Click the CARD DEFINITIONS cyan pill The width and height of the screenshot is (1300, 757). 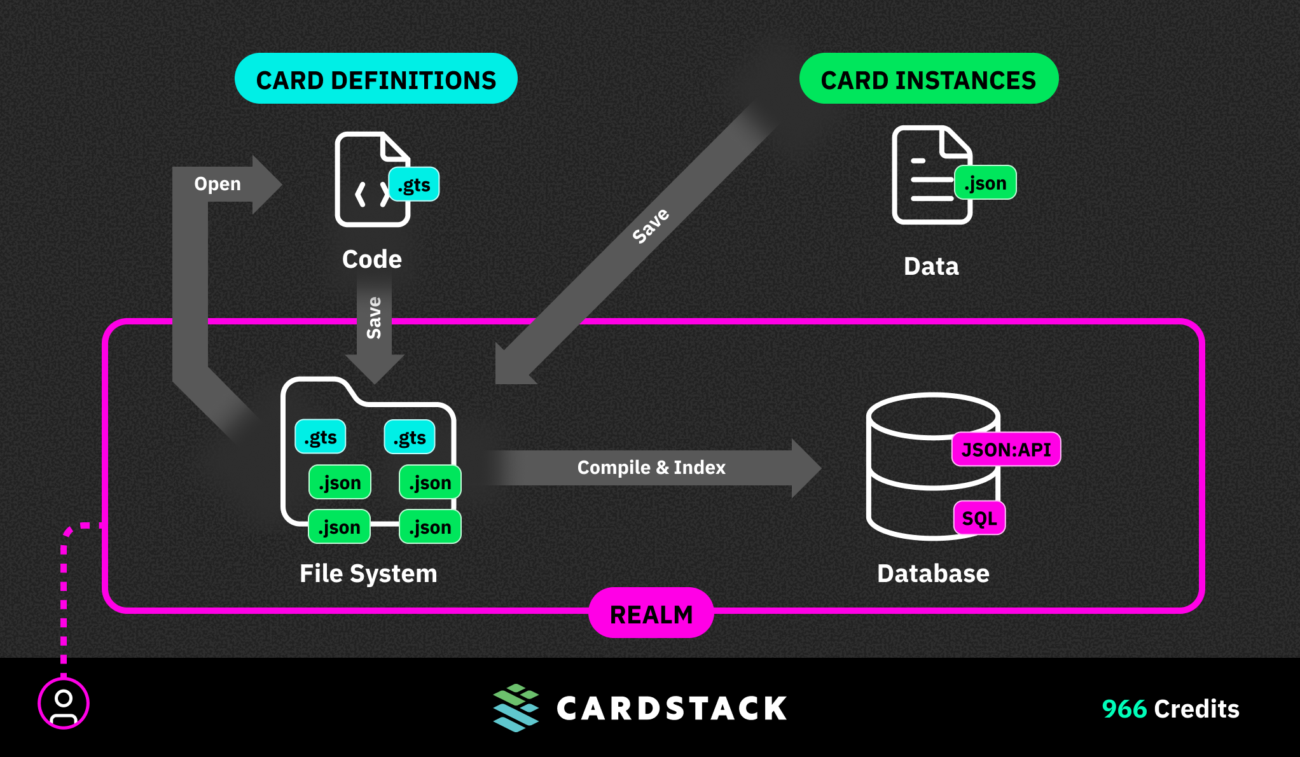pos(376,79)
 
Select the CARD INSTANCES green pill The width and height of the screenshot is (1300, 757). pos(929,79)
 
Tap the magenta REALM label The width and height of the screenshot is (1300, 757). pos(651,613)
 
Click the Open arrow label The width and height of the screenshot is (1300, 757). pos(218,184)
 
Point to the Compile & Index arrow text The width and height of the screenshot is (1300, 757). pos(651,468)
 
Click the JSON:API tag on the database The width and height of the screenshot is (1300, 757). pos(1006,450)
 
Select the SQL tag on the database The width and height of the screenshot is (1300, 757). pos(979,518)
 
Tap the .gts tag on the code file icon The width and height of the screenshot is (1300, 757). pos(414,184)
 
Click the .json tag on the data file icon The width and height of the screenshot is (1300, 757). pos(985,183)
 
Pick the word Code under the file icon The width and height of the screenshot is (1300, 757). pos(372,259)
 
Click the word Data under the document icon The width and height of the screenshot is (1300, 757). pos(931,266)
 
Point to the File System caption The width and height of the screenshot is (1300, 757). pos(368,573)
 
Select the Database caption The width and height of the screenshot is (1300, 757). pos(933,573)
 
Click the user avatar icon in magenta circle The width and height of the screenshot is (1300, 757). pos(64,704)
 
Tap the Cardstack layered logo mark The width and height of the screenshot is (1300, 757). pos(516,708)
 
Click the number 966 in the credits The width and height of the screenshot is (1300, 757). pos(1124,709)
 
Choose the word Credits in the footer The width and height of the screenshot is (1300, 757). pos(1197,709)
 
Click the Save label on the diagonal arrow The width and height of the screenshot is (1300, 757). pos(651,226)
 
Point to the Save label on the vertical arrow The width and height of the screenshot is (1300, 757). pos(374,317)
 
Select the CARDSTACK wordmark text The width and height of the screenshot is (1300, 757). pos(672,709)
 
